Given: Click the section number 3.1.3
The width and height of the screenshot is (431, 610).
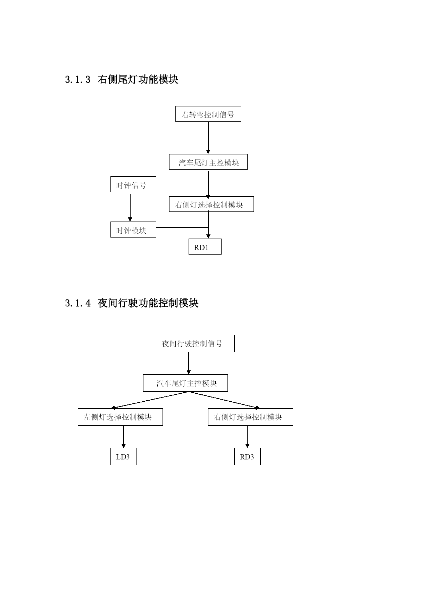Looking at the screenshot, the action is [78, 80].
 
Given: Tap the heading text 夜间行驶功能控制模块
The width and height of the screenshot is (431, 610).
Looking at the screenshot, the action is [148, 303].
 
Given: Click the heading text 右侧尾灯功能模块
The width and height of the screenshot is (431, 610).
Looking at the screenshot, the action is [138, 80].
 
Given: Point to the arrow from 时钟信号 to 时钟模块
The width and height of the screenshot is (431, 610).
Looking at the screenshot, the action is [130, 207].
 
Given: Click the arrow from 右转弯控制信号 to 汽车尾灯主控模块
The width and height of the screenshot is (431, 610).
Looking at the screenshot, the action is [208, 138].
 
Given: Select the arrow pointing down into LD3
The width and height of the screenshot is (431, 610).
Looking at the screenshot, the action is [124, 437].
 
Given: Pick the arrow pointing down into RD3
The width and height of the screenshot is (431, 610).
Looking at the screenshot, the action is [247, 437].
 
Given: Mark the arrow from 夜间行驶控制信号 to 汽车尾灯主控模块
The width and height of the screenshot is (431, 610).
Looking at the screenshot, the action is [189, 363].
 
